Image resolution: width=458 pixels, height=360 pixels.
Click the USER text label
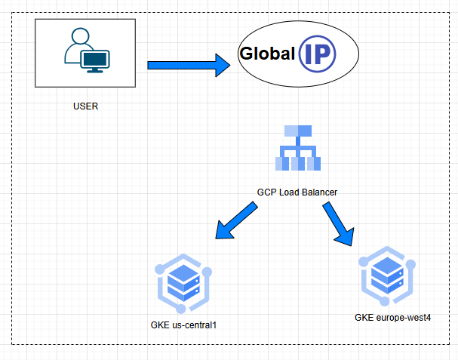[85, 106]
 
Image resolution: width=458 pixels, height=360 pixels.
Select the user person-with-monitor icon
[85, 51]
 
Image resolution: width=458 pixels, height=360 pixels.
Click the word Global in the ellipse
[266, 54]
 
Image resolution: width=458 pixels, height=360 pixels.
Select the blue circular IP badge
[317, 54]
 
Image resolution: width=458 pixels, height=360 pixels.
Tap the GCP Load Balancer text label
[297, 192]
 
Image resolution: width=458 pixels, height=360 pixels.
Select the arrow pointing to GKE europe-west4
[339, 224]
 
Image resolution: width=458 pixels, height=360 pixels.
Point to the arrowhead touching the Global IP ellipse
[223, 65]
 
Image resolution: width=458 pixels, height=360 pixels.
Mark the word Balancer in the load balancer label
[318, 192]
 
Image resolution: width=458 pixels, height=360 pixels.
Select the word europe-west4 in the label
[403, 317]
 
